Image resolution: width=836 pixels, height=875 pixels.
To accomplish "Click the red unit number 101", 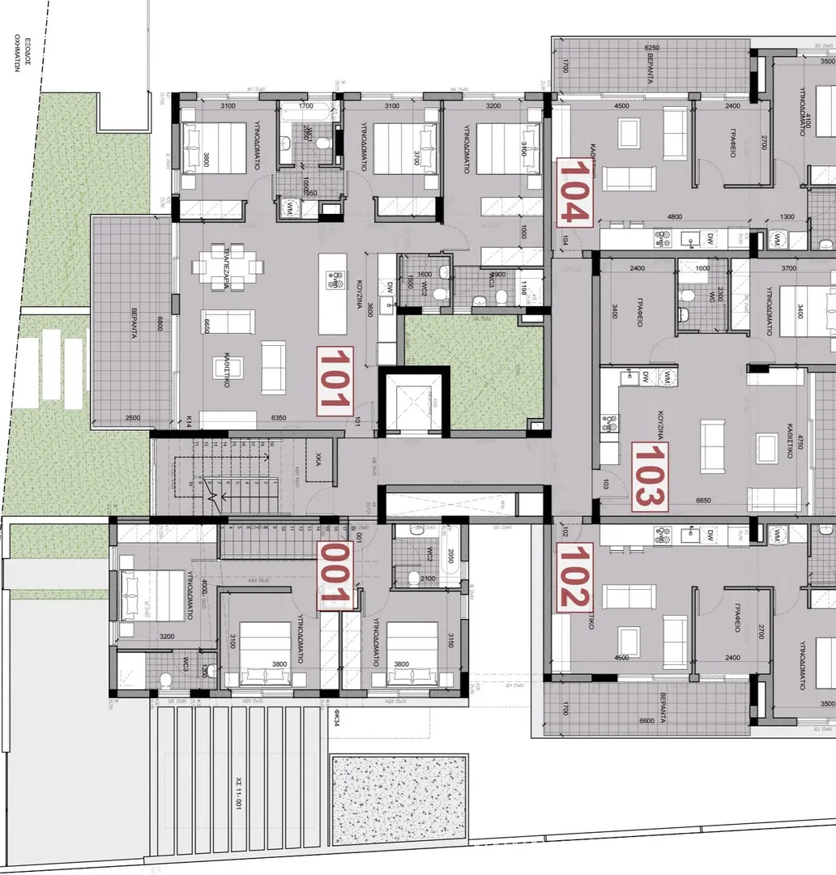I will (335, 381).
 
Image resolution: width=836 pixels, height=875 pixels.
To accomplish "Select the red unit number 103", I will (650, 476).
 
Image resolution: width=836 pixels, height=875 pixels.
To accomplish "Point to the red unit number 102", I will (574, 576).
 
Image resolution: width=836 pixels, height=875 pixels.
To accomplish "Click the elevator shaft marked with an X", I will (413, 401).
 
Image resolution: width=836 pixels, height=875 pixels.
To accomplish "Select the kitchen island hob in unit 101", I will (333, 280).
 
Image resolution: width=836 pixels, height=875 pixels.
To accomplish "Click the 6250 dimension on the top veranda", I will (653, 49).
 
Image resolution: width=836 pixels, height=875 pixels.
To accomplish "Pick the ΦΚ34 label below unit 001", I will (334, 718).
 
